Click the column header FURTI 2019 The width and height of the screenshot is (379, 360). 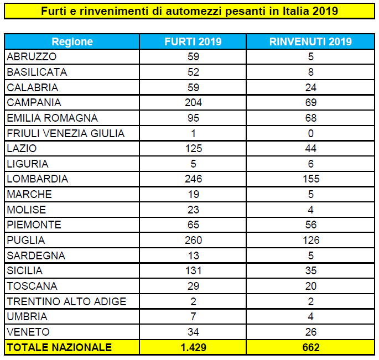pyautogui.click(x=193, y=41)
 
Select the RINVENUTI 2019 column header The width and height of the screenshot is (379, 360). pyautogui.click(x=310, y=41)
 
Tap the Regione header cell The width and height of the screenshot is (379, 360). pyautogui.click(x=72, y=41)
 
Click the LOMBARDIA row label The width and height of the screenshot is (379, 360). pyautogui.click(x=38, y=179)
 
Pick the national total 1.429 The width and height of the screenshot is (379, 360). pyautogui.click(x=193, y=347)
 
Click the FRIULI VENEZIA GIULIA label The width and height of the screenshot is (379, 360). pyautogui.click(x=66, y=133)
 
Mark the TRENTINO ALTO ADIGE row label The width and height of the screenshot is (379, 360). pyautogui.click(x=66, y=301)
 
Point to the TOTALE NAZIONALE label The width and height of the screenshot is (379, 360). pyautogui.click(x=59, y=347)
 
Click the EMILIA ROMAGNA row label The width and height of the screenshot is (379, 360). pyautogui.click(x=52, y=118)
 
